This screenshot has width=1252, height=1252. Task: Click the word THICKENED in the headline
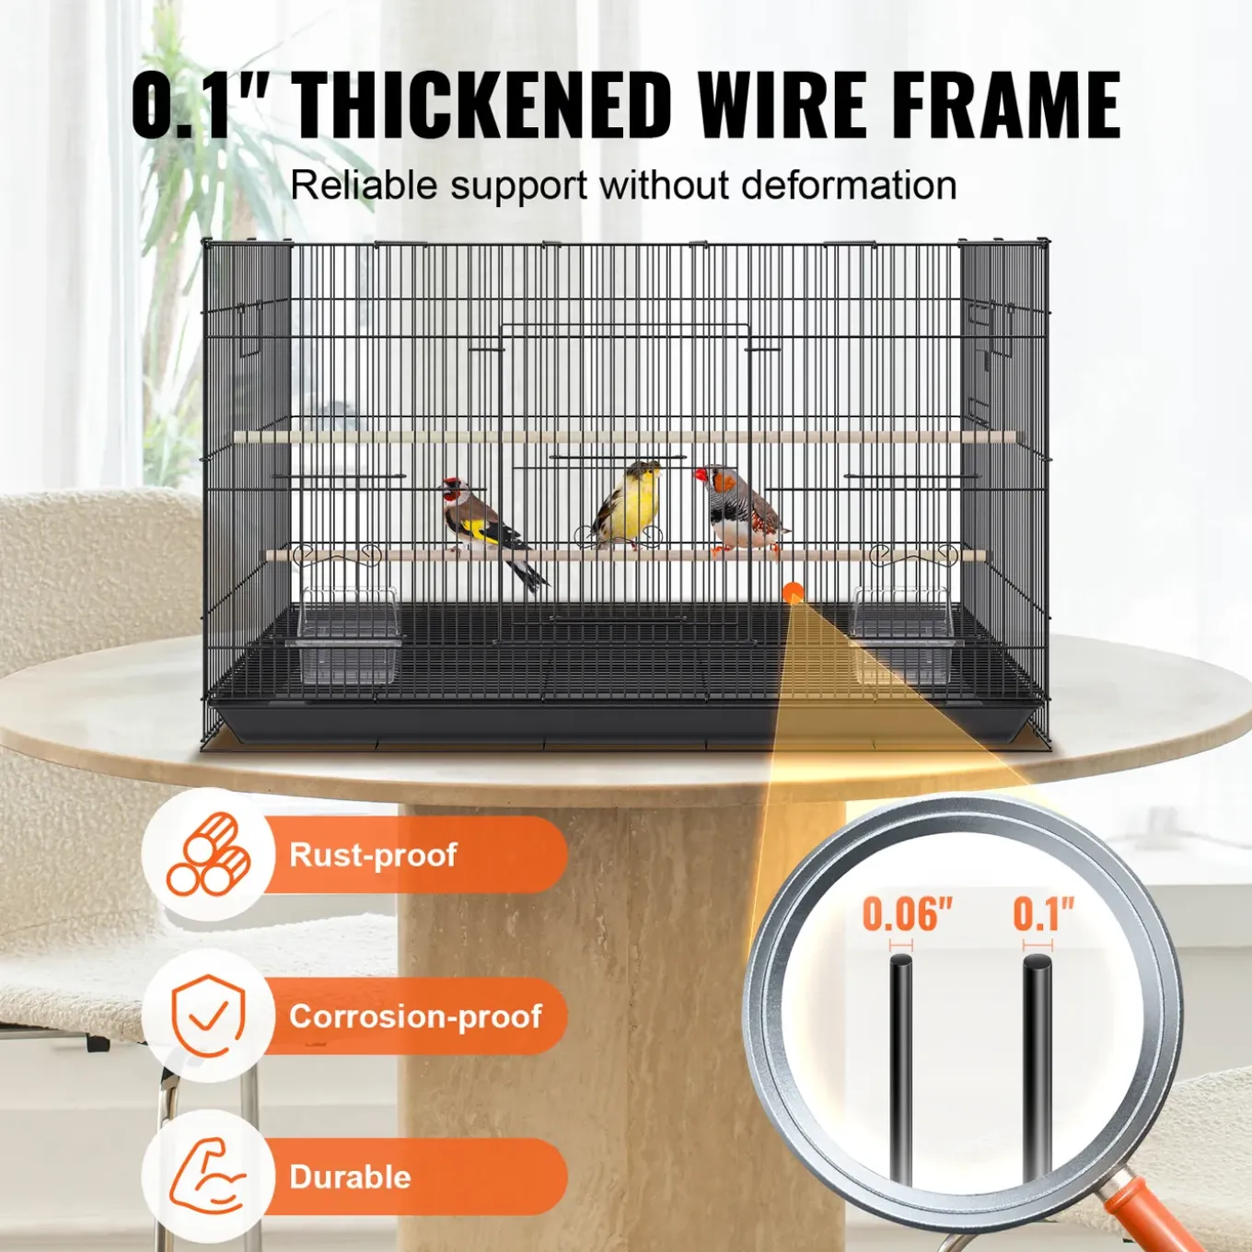(x=482, y=103)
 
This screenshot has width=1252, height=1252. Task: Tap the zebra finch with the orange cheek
(x=741, y=510)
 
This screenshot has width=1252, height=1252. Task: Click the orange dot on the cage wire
(x=793, y=593)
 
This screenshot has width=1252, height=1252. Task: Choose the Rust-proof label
(x=373, y=853)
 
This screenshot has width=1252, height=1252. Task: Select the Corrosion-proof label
(x=415, y=1015)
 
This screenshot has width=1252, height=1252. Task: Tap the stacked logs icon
(x=209, y=853)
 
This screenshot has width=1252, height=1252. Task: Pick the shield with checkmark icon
(x=209, y=1015)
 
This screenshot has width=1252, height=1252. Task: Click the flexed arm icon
(x=208, y=1177)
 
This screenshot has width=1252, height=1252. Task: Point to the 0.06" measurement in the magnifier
(x=907, y=915)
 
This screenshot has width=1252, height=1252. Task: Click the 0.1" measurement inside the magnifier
(x=1044, y=913)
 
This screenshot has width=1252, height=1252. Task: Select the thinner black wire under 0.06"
(x=901, y=1070)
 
